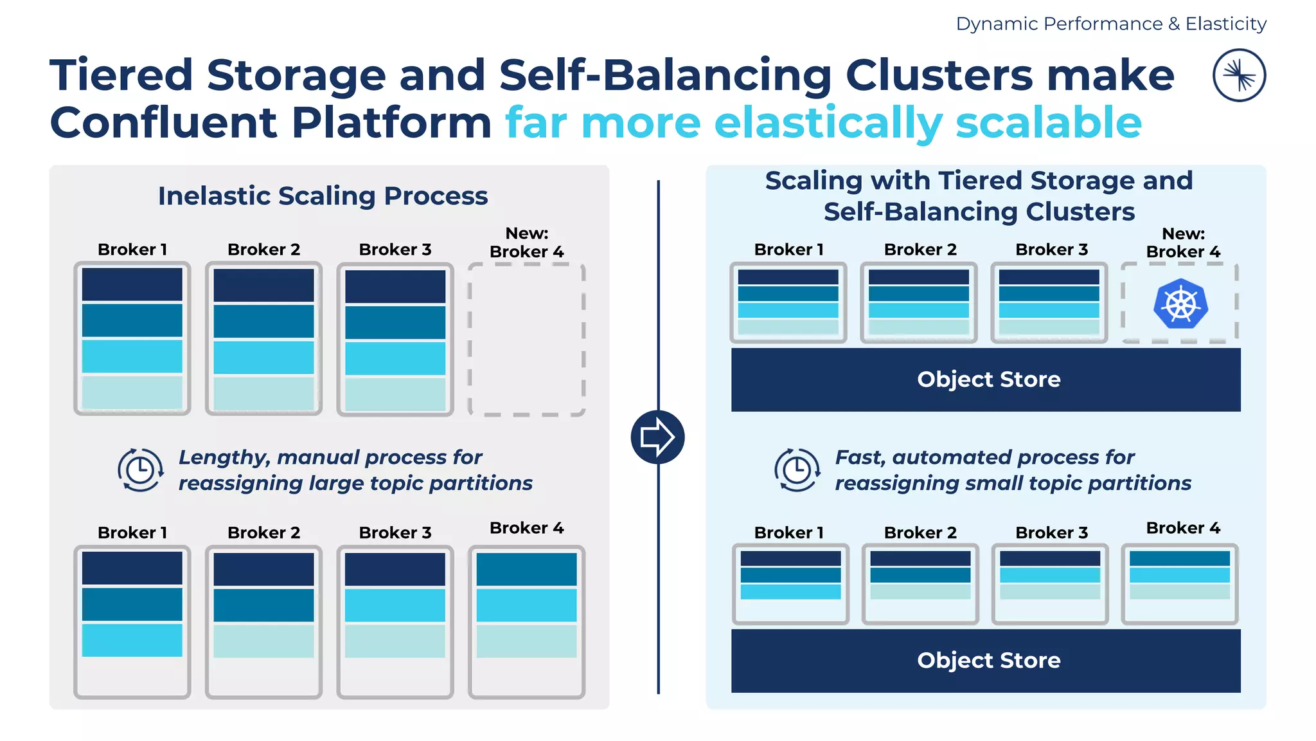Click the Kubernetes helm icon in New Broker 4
pos(1180,304)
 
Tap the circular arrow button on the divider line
pos(657,437)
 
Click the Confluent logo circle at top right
pos(1239,75)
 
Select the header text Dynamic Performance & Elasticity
pos(1110,24)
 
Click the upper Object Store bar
pos(986,380)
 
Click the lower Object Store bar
pos(986,661)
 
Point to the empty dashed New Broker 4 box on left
pos(526,339)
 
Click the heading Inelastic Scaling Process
pos(323,196)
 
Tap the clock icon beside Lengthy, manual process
pos(140,470)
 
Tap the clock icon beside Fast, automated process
pos(797,470)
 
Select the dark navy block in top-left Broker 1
pos(132,284)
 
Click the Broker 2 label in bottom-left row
pos(263,533)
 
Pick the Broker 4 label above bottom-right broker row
pos(1183,528)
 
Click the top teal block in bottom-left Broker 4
pos(526,569)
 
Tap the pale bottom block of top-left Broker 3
pos(395,394)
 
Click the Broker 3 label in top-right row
pos(1051,250)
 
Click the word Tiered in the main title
pos(121,75)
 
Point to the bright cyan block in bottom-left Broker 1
pos(132,640)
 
